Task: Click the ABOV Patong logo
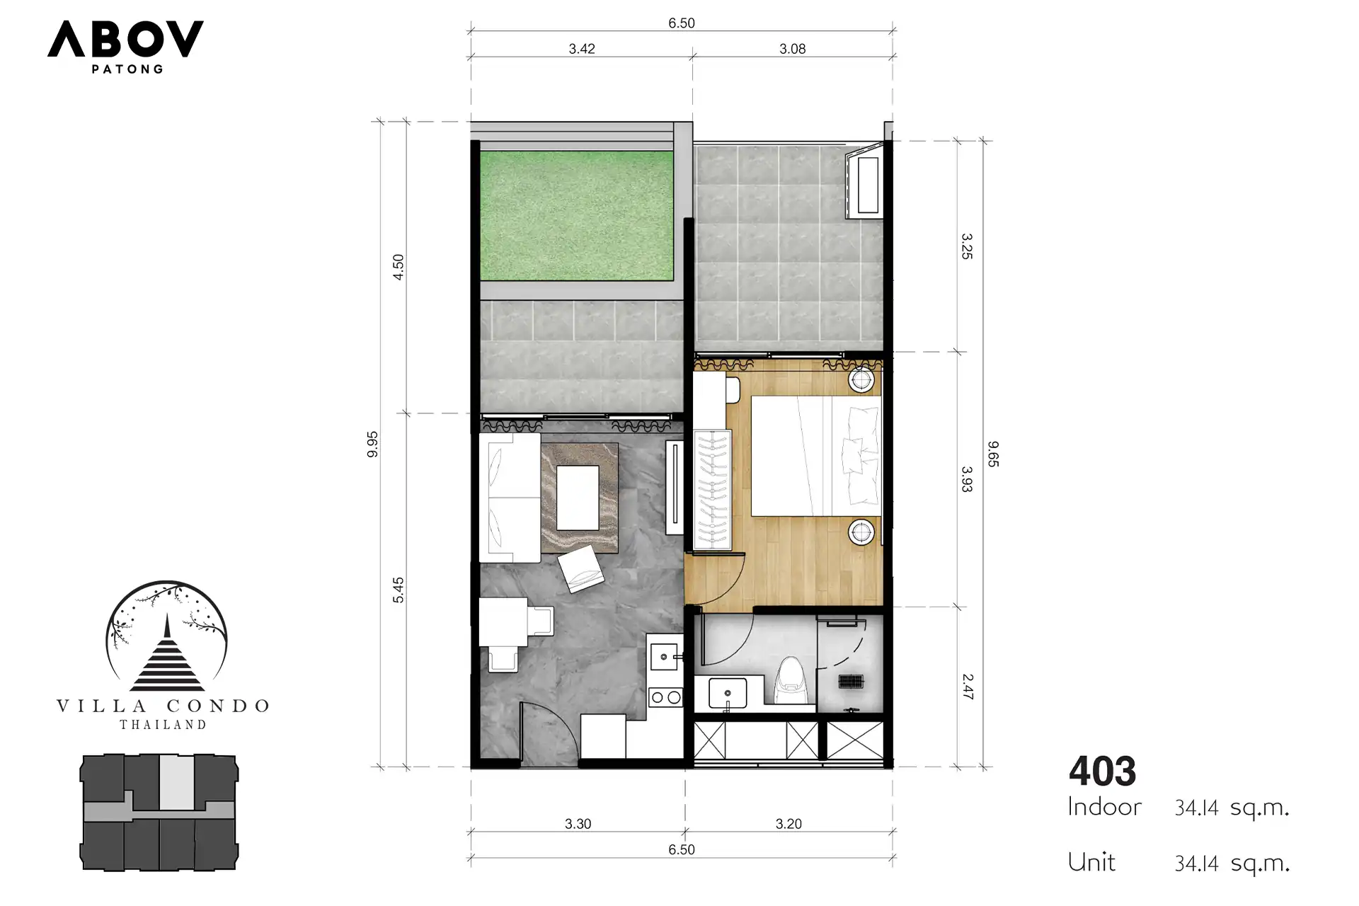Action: (125, 46)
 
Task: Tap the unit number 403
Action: (1102, 772)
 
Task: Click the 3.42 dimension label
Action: (582, 49)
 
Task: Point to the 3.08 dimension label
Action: (793, 49)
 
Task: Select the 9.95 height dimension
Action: (373, 445)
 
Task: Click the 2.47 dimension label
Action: (968, 687)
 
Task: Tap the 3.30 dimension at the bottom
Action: (578, 824)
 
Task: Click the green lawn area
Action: (577, 215)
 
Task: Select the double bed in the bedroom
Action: (816, 456)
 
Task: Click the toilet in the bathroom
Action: (792, 682)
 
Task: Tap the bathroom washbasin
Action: (727, 693)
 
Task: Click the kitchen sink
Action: (664, 657)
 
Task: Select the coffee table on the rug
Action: (578, 498)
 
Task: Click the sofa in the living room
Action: (510, 498)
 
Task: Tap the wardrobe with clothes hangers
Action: (712, 489)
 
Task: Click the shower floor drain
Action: (850, 682)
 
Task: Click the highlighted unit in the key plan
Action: (176, 782)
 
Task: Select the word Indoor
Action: (1104, 807)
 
